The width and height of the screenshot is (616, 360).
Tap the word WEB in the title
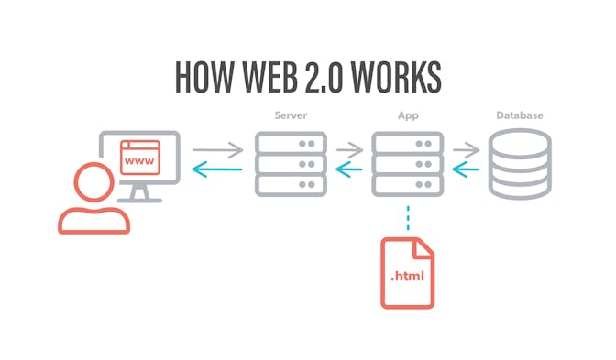(x=274, y=77)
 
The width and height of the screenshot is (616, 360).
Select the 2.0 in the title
(x=335, y=77)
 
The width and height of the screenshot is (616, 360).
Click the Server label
(x=290, y=116)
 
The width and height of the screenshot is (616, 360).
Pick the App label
(x=407, y=116)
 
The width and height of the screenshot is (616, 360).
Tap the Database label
(x=520, y=116)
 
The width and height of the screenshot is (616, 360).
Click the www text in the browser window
(x=138, y=161)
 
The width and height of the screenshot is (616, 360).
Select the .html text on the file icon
(x=407, y=275)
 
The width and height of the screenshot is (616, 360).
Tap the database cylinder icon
(x=520, y=165)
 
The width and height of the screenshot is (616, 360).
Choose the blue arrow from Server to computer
(x=216, y=169)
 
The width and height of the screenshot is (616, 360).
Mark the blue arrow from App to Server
(x=348, y=169)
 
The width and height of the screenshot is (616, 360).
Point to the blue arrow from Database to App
(x=466, y=169)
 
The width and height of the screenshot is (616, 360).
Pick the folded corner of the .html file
(x=424, y=246)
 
